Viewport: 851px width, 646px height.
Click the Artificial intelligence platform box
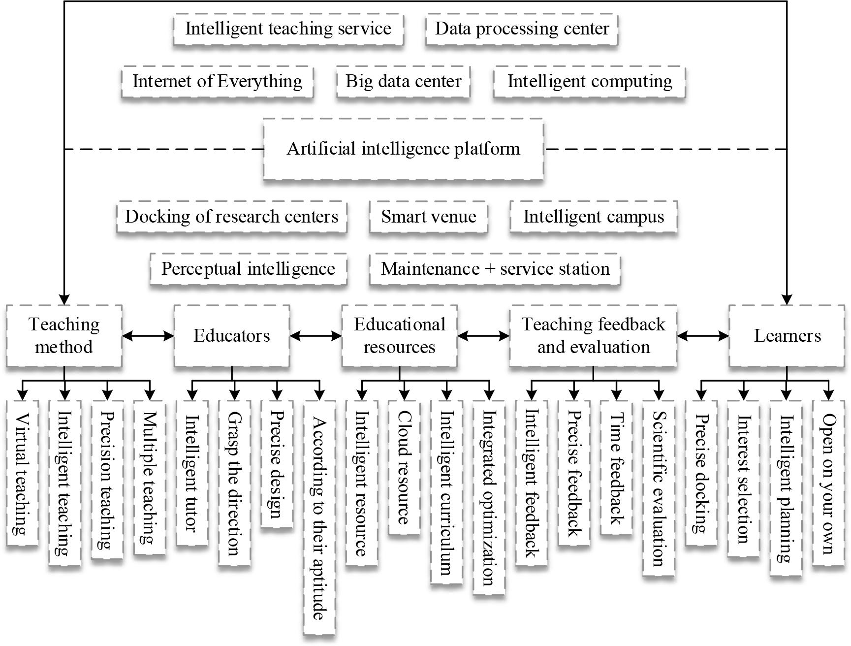pos(403,149)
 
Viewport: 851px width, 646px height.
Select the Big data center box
pos(403,81)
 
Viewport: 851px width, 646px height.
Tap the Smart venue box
pos(428,217)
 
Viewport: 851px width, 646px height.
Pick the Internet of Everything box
pos(217,81)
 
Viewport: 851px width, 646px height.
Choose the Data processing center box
pos(521,29)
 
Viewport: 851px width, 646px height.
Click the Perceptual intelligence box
pos(248,269)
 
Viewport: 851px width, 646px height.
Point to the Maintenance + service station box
pos(495,269)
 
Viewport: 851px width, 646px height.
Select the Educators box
pos(231,336)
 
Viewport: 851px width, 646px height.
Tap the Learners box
pos(787,336)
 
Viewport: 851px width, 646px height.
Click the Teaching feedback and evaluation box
pos(593,336)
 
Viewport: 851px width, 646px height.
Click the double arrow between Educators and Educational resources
pos(315,336)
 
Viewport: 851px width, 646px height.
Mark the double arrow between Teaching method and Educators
pos(148,336)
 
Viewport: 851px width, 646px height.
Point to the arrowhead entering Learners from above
pos(787,299)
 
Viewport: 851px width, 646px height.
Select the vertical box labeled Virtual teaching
pos(22,473)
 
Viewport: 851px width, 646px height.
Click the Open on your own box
pos(828,483)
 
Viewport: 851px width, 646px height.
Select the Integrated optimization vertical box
pos(488,497)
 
